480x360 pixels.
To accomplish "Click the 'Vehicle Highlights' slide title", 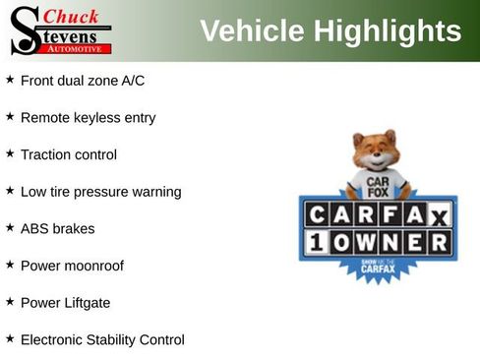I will click(330, 30).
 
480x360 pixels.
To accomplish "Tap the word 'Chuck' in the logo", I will click(71, 17).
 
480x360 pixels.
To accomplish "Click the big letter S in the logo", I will click(25, 30).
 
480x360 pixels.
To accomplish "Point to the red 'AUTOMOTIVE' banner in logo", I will click(75, 48).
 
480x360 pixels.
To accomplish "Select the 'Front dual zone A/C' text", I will click(83, 81).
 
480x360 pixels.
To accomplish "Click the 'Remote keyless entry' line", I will click(88, 118).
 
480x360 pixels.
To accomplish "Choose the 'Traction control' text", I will click(68, 154).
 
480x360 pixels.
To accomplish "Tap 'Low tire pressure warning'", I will click(100, 192).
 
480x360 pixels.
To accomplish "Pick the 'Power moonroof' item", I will click(72, 266).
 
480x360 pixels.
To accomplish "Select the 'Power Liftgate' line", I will click(65, 302).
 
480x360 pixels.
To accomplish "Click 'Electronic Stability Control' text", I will click(102, 339).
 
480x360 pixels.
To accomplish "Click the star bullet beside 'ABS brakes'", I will click(10, 227).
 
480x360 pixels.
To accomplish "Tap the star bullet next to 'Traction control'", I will click(10, 153).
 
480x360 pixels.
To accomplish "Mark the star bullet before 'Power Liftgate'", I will click(10, 301).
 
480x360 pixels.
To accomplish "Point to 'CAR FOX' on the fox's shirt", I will click(377, 186).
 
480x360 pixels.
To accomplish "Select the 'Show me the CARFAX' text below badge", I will click(378, 267).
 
